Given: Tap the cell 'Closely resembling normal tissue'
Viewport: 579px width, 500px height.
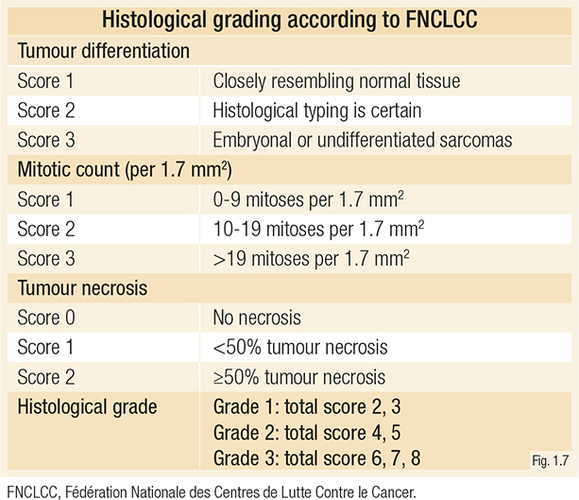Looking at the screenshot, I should tap(337, 81).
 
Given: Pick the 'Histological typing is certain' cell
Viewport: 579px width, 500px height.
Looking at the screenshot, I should tap(316, 111).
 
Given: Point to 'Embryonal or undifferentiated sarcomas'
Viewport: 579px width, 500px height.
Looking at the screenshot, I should tap(362, 141).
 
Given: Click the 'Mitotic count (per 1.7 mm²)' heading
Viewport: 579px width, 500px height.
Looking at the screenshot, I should tap(126, 171).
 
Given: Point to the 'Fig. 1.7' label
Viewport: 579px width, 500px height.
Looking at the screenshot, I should tap(547, 461).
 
